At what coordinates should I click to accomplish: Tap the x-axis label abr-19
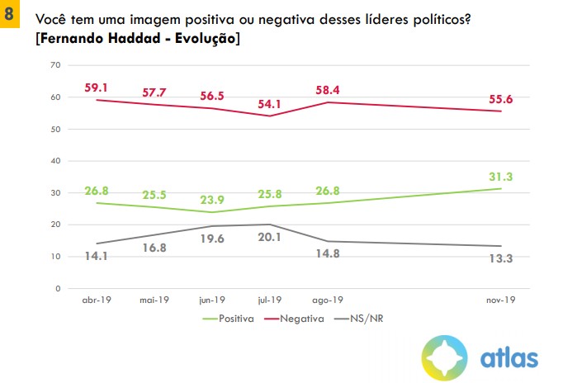97,300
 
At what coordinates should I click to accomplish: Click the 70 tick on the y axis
56,65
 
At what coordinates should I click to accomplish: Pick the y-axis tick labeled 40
56,161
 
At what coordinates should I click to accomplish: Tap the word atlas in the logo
509,357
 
